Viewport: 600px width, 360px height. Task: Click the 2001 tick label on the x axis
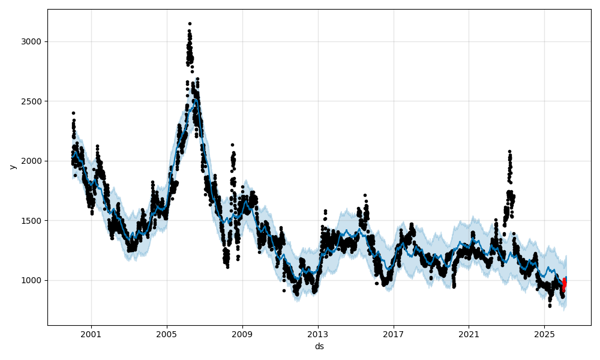coord(91,334)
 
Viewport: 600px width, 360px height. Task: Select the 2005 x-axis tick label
coord(167,334)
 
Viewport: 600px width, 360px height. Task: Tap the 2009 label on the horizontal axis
coord(242,334)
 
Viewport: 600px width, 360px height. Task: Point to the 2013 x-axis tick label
coord(318,334)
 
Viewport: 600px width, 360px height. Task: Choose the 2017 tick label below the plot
coord(394,334)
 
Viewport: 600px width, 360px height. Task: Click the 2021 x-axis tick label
coord(469,334)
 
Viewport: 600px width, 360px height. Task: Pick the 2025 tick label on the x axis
coord(544,334)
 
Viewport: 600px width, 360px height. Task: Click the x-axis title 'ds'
coord(319,346)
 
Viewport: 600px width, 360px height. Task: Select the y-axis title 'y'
coord(11,167)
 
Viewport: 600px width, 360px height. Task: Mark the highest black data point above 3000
coord(190,23)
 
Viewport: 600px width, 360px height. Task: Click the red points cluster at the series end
coord(564,285)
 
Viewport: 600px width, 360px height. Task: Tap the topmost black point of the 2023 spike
coord(509,152)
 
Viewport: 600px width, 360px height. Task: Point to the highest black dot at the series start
coord(73,113)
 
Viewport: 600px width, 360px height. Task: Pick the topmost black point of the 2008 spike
coord(232,145)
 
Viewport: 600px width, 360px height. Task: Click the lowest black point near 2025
coord(550,305)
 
